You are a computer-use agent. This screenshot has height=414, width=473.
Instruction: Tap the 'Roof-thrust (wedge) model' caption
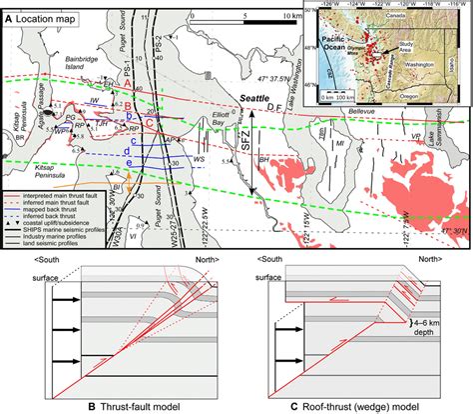[348, 406]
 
